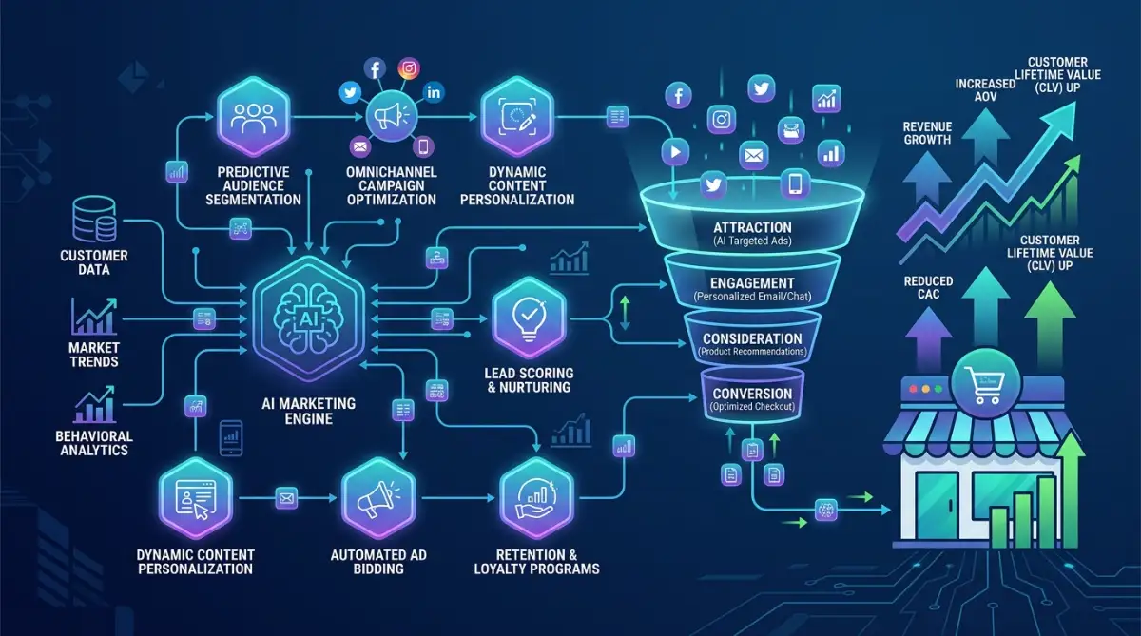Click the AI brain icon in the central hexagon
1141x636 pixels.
[308, 318]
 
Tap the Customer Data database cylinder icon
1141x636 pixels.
[94, 219]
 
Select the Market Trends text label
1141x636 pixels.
[94, 355]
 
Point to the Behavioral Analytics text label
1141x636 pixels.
[94, 443]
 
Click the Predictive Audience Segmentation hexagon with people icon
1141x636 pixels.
[254, 117]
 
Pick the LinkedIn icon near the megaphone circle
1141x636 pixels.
[434, 92]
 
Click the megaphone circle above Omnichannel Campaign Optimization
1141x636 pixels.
[391, 117]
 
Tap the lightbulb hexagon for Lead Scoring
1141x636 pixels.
[530, 318]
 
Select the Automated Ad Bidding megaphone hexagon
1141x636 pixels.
[378, 498]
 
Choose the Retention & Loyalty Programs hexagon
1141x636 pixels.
[536, 498]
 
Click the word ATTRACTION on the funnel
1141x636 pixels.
[752, 227]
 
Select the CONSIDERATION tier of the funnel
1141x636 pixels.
[752, 342]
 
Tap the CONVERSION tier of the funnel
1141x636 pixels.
[752, 397]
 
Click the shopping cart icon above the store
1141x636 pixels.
[985, 384]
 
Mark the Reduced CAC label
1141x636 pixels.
[928, 288]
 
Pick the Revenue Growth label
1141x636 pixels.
[927, 133]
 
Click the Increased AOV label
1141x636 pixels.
[985, 90]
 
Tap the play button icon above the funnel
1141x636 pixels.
[675, 152]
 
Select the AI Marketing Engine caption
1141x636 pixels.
[309, 412]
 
